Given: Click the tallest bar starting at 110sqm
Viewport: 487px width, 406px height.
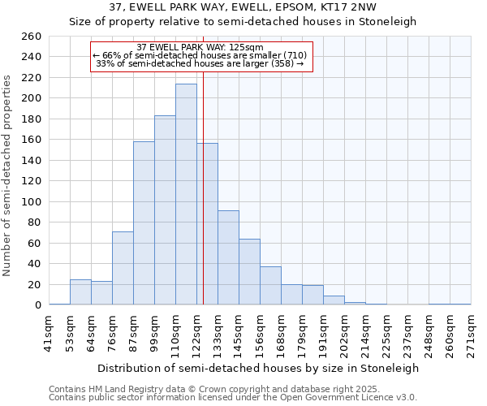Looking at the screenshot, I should click(x=186, y=195).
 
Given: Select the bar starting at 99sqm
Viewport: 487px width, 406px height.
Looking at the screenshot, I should click(x=165, y=210).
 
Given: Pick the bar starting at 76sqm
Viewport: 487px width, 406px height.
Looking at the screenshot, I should click(x=123, y=268).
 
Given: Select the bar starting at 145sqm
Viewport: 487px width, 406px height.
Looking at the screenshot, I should click(x=249, y=272).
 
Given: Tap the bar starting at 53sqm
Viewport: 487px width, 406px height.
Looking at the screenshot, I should click(x=80, y=292).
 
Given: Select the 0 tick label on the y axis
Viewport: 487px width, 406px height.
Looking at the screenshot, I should click(x=37, y=305).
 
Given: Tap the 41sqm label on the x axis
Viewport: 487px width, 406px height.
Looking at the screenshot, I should click(x=50, y=331).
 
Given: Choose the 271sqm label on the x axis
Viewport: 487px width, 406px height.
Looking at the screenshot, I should click(x=472, y=331).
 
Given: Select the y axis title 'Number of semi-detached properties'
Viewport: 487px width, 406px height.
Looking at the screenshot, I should click(x=8, y=175).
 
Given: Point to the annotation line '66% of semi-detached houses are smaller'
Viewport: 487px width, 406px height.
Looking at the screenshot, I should click(x=200, y=54).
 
